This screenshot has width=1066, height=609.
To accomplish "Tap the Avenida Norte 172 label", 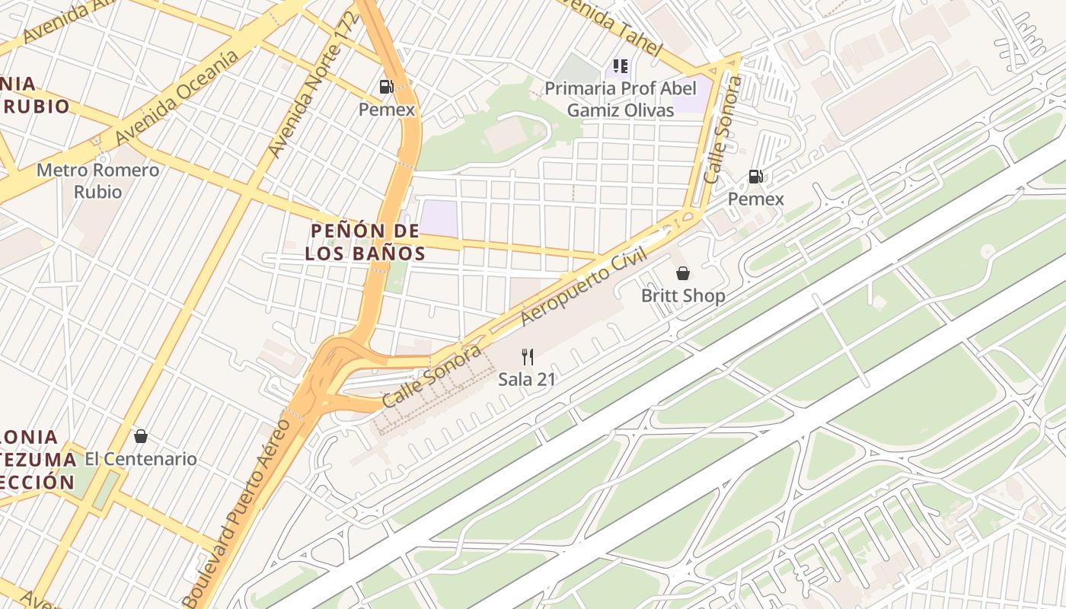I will point(314,84).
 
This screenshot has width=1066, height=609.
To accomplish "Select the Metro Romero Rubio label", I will point(98,180).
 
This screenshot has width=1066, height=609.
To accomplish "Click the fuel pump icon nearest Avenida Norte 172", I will point(387,87).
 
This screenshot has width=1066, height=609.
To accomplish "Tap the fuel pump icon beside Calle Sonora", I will point(755,177).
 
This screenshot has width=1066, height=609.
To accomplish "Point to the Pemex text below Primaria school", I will point(755,199).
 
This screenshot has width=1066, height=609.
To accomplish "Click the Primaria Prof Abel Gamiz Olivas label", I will point(620,99).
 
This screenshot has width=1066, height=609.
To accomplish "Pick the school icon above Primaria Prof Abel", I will point(620,67).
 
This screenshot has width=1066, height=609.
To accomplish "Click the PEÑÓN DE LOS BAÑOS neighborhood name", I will point(365,241).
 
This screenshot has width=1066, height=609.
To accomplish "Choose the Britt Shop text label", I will point(683,295).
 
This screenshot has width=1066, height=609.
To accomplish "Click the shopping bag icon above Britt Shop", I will point(683,273).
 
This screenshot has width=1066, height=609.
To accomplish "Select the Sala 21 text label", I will point(526,378).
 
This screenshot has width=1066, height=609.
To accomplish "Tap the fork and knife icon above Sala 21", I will point(527,356).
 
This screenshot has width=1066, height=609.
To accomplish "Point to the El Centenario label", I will point(140,459).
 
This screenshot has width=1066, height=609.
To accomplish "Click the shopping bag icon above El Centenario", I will point(140,436).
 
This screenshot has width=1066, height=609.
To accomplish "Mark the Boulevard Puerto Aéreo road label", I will point(238,512).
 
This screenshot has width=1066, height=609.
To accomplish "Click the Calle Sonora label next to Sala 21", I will point(431,376).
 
